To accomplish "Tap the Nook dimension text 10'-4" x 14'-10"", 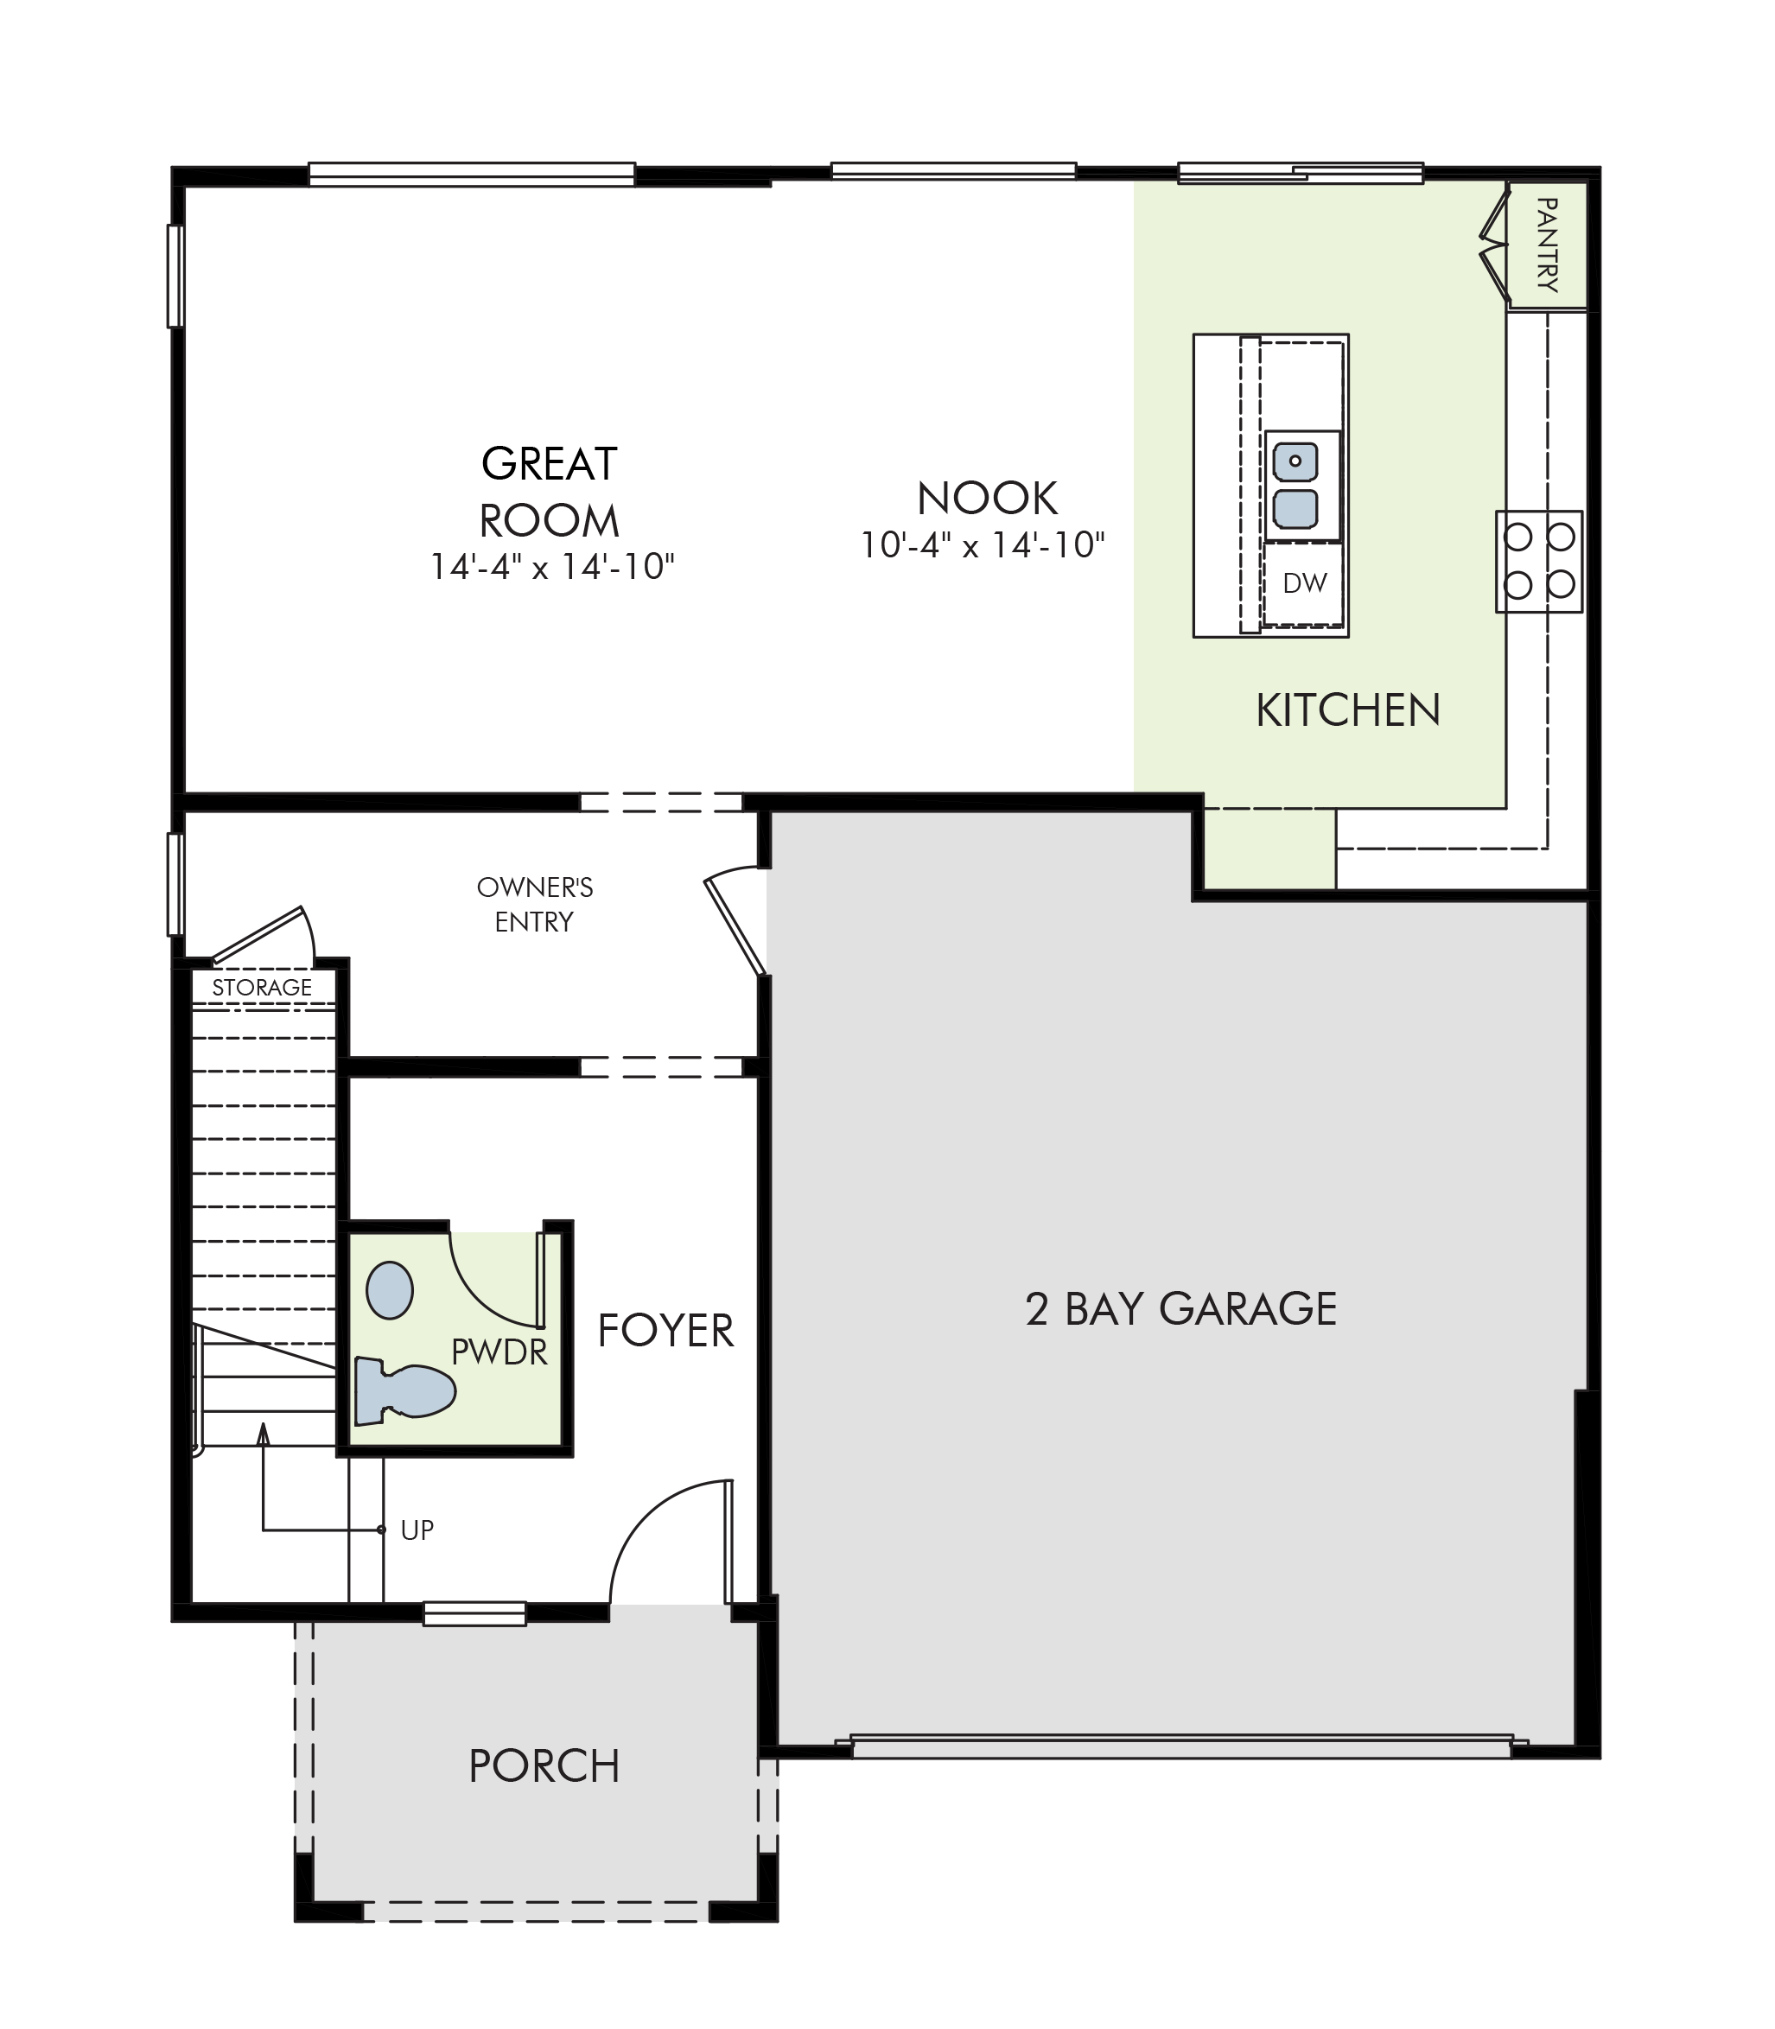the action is pos(983,545).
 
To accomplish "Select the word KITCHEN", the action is pos(1348,711).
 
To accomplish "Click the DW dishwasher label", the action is pos(1305,583).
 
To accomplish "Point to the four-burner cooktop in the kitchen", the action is pos(1538,562).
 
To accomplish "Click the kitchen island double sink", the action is pos(1295,486).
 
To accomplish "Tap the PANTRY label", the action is pos(1547,245).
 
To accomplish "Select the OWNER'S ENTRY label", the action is pos(535,904).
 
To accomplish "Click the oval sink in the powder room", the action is pos(389,1290).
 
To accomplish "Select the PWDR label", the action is pos(499,1352).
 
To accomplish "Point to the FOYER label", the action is pos(665,1331).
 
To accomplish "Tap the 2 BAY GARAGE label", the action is pos(1180,1309).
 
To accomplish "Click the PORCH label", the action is pos(544,1766).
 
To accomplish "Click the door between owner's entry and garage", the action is pos(735,922).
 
